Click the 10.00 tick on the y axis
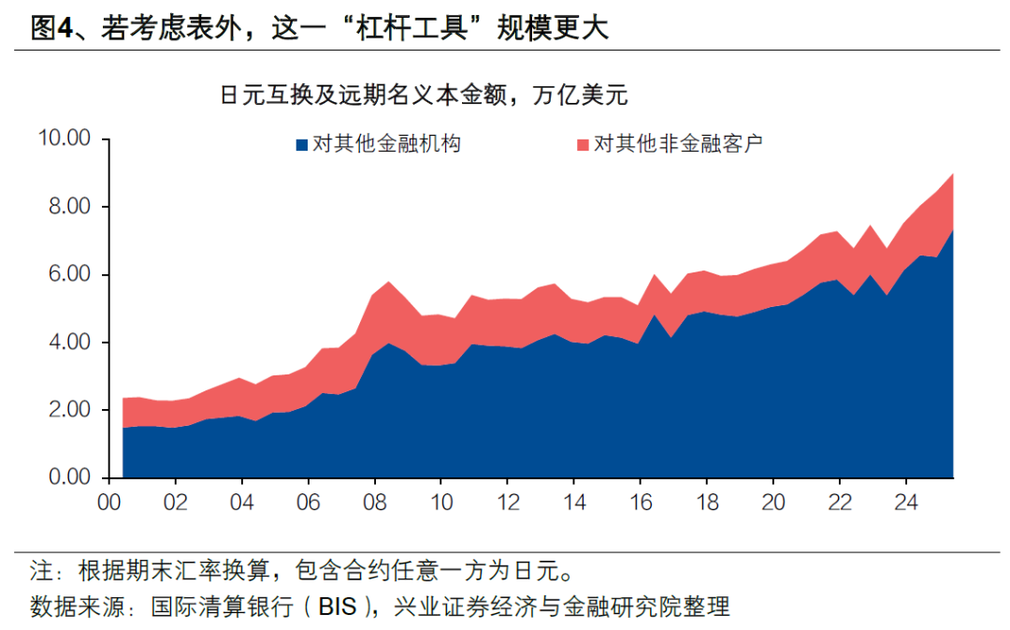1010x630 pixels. (64, 139)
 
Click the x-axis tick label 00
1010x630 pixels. (109, 502)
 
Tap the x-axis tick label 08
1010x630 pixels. (374, 502)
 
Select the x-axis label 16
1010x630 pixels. (640, 502)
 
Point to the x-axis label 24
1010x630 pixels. (904, 502)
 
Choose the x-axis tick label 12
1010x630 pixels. (507, 502)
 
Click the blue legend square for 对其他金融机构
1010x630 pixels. (301, 145)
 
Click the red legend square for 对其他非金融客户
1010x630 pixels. (584, 145)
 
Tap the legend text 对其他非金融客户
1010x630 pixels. (679, 144)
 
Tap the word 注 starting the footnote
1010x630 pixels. (40, 570)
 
